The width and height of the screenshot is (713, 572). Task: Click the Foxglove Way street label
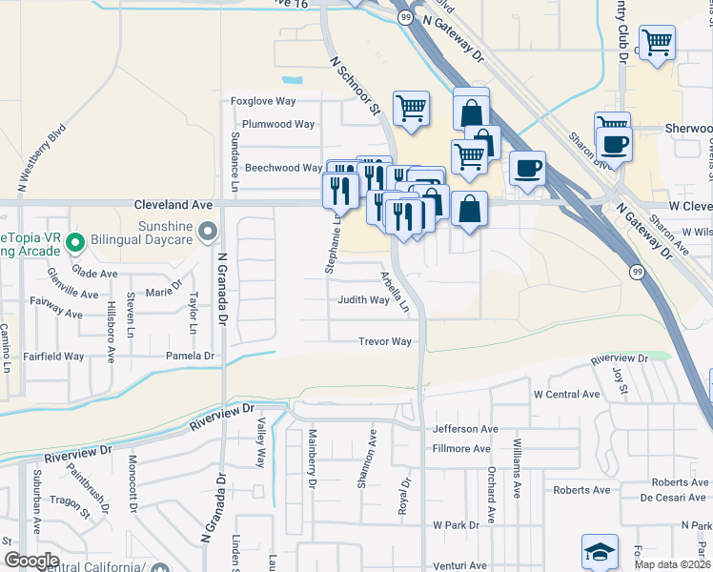[x=264, y=101]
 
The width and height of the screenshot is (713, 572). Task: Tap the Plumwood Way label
[x=278, y=124]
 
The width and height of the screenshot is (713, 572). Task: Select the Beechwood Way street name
[x=284, y=168]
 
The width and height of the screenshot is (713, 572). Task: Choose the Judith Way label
[x=363, y=299]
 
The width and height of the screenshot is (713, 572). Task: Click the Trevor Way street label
[x=384, y=341]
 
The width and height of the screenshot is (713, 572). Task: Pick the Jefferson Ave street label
[x=465, y=429]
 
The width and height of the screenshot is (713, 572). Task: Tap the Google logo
[x=31, y=561]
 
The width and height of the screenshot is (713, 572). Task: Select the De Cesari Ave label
[x=671, y=497]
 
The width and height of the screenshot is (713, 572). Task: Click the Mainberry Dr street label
[x=311, y=460]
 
